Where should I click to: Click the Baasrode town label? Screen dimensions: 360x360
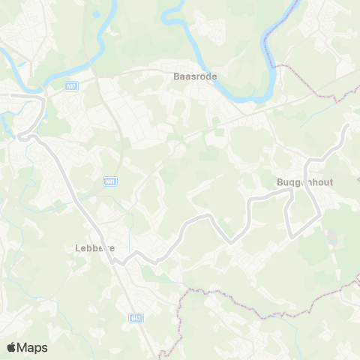pyautogui.click(x=185, y=76)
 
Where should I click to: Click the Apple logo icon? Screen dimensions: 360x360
pyautogui.click(x=12, y=347)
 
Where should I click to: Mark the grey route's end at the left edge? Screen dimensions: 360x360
pyautogui.click(x=1, y=95)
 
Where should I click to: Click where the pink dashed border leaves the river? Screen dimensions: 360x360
pyautogui.click(x=275, y=66)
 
